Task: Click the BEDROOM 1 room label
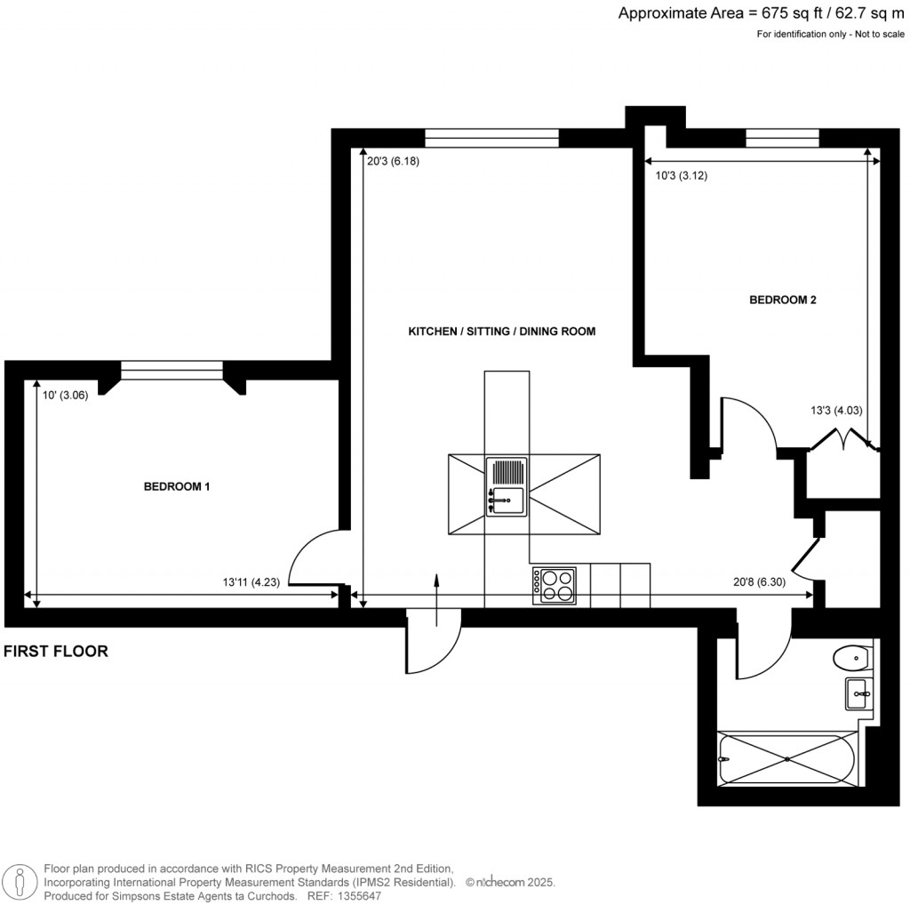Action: (177, 487)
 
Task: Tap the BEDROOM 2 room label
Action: (782, 300)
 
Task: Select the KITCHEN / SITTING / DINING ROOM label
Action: (501, 332)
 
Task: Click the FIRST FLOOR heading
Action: (56, 652)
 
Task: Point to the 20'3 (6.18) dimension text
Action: (392, 162)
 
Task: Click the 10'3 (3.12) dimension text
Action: (681, 176)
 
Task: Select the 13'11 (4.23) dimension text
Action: (252, 583)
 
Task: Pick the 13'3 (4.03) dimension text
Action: (835, 411)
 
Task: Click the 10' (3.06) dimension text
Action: (65, 396)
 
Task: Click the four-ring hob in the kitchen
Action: (555, 586)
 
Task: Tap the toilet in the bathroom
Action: (851, 659)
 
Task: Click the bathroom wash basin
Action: (858, 692)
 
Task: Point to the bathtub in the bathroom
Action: (787, 759)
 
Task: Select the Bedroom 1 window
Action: (172, 371)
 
